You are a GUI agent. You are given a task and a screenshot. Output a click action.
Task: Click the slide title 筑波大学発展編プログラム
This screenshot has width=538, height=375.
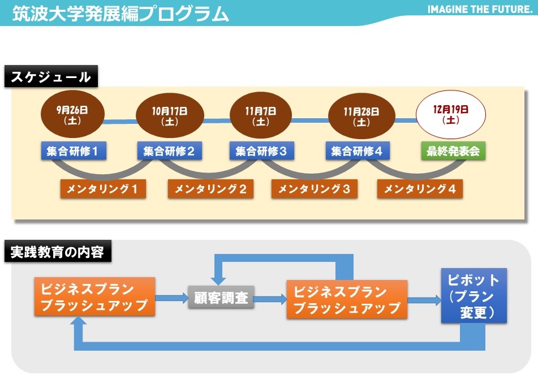(x=120, y=14)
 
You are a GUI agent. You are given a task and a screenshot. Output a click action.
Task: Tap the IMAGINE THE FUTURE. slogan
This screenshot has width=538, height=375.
(x=480, y=10)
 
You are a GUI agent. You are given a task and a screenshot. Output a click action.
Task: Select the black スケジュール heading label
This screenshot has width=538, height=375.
(x=51, y=76)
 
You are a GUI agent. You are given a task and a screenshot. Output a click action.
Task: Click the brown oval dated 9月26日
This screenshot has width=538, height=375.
(x=72, y=114)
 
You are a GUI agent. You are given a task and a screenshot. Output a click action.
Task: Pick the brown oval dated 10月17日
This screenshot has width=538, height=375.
(x=170, y=116)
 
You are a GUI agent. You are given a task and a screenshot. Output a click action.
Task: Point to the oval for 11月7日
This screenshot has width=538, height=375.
(x=261, y=115)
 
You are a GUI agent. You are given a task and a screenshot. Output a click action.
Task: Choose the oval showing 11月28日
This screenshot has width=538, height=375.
(x=361, y=116)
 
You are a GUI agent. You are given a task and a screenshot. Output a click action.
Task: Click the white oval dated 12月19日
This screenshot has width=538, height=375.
(x=451, y=114)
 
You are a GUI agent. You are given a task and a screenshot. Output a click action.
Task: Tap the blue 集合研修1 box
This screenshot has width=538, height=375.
(x=74, y=150)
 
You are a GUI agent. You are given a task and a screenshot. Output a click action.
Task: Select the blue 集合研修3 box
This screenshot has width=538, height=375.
(x=262, y=150)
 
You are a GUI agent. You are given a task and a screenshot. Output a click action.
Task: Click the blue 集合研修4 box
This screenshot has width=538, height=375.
(x=358, y=150)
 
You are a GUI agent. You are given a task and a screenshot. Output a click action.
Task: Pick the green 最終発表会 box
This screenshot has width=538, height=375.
(x=453, y=150)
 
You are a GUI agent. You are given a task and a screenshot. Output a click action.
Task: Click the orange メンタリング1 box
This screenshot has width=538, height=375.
(x=103, y=189)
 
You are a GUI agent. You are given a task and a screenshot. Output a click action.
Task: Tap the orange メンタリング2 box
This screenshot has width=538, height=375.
(x=210, y=189)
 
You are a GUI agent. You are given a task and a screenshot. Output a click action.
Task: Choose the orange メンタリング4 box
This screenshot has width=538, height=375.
(x=420, y=189)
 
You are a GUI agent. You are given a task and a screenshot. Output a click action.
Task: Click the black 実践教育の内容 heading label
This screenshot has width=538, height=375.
(x=58, y=251)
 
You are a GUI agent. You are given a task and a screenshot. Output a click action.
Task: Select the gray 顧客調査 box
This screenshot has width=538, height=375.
(x=221, y=297)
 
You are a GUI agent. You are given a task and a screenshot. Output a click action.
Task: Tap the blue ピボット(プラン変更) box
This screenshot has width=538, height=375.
(x=474, y=296)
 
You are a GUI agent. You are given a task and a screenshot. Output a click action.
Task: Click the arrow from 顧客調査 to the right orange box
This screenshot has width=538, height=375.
(x=270, y=299)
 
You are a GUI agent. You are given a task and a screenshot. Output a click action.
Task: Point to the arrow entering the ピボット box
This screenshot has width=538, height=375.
(x=424, y=300)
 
